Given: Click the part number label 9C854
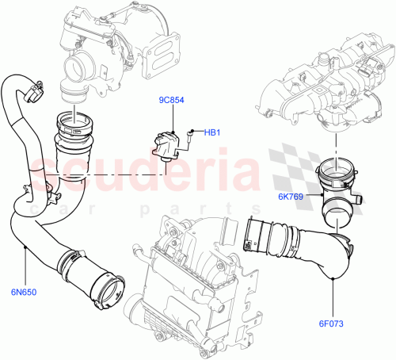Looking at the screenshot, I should [171, 101].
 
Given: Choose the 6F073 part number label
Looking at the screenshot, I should [333, 323].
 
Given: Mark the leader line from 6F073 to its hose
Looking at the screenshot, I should [333, 297].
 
